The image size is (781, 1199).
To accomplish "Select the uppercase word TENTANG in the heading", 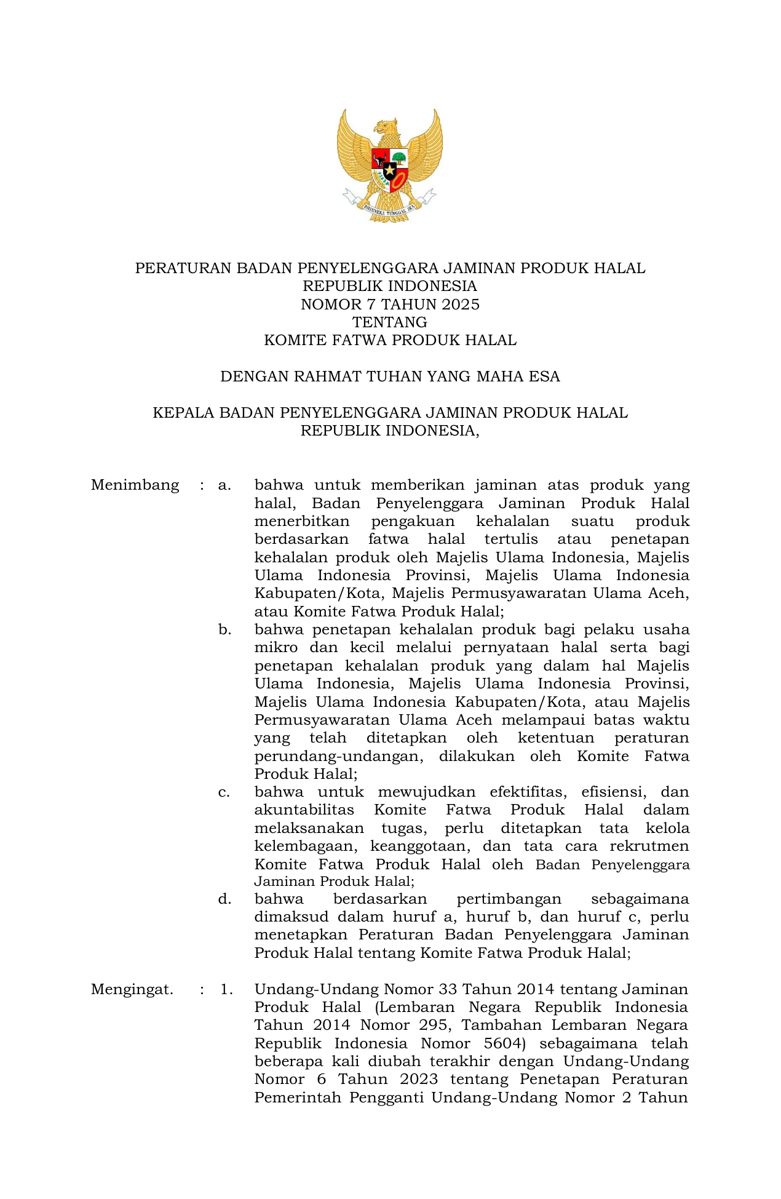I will (389, 322).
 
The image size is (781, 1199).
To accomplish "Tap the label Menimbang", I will (135, 485).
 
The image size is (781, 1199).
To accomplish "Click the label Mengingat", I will (132, 990).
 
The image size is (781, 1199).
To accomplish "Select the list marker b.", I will (224, 630).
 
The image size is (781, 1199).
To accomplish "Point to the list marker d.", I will (224, 899).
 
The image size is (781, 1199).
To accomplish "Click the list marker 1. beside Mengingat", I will (226, 990).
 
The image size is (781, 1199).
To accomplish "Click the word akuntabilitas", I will (304, 810).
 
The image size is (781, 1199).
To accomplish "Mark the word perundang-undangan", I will (338, 756).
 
